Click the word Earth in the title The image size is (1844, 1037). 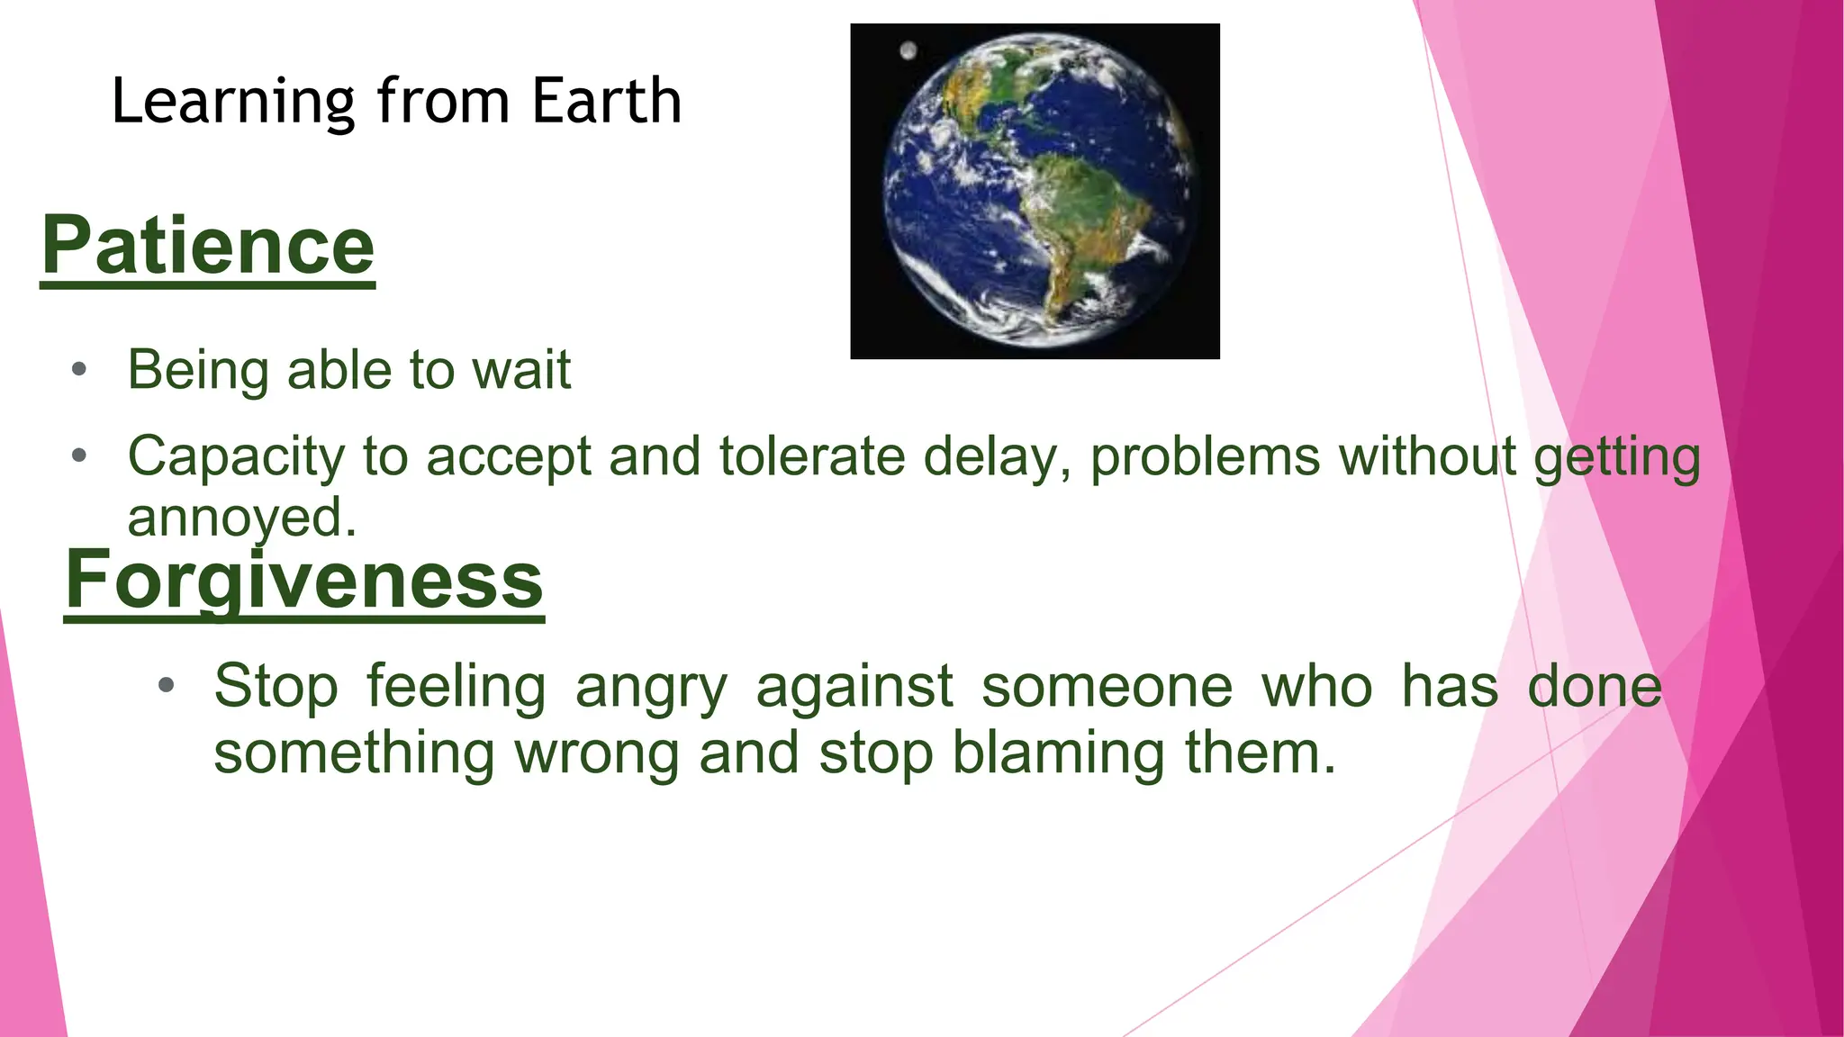(606, 101)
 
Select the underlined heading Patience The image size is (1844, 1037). (208, 246)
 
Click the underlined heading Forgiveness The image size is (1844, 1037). (304, 580)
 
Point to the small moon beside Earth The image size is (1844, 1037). (908, 50)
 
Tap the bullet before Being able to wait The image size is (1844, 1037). (79, 369)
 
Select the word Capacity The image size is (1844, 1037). (236, 457)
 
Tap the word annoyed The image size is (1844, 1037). (241, 518)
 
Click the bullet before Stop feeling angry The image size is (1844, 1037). (166, 686)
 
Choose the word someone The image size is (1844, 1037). (1107, 687)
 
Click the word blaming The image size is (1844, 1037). (1059, 753)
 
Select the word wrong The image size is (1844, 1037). (596, 754)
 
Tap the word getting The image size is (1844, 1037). (1617, 457)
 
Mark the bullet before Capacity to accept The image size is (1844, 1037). (79, 455)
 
